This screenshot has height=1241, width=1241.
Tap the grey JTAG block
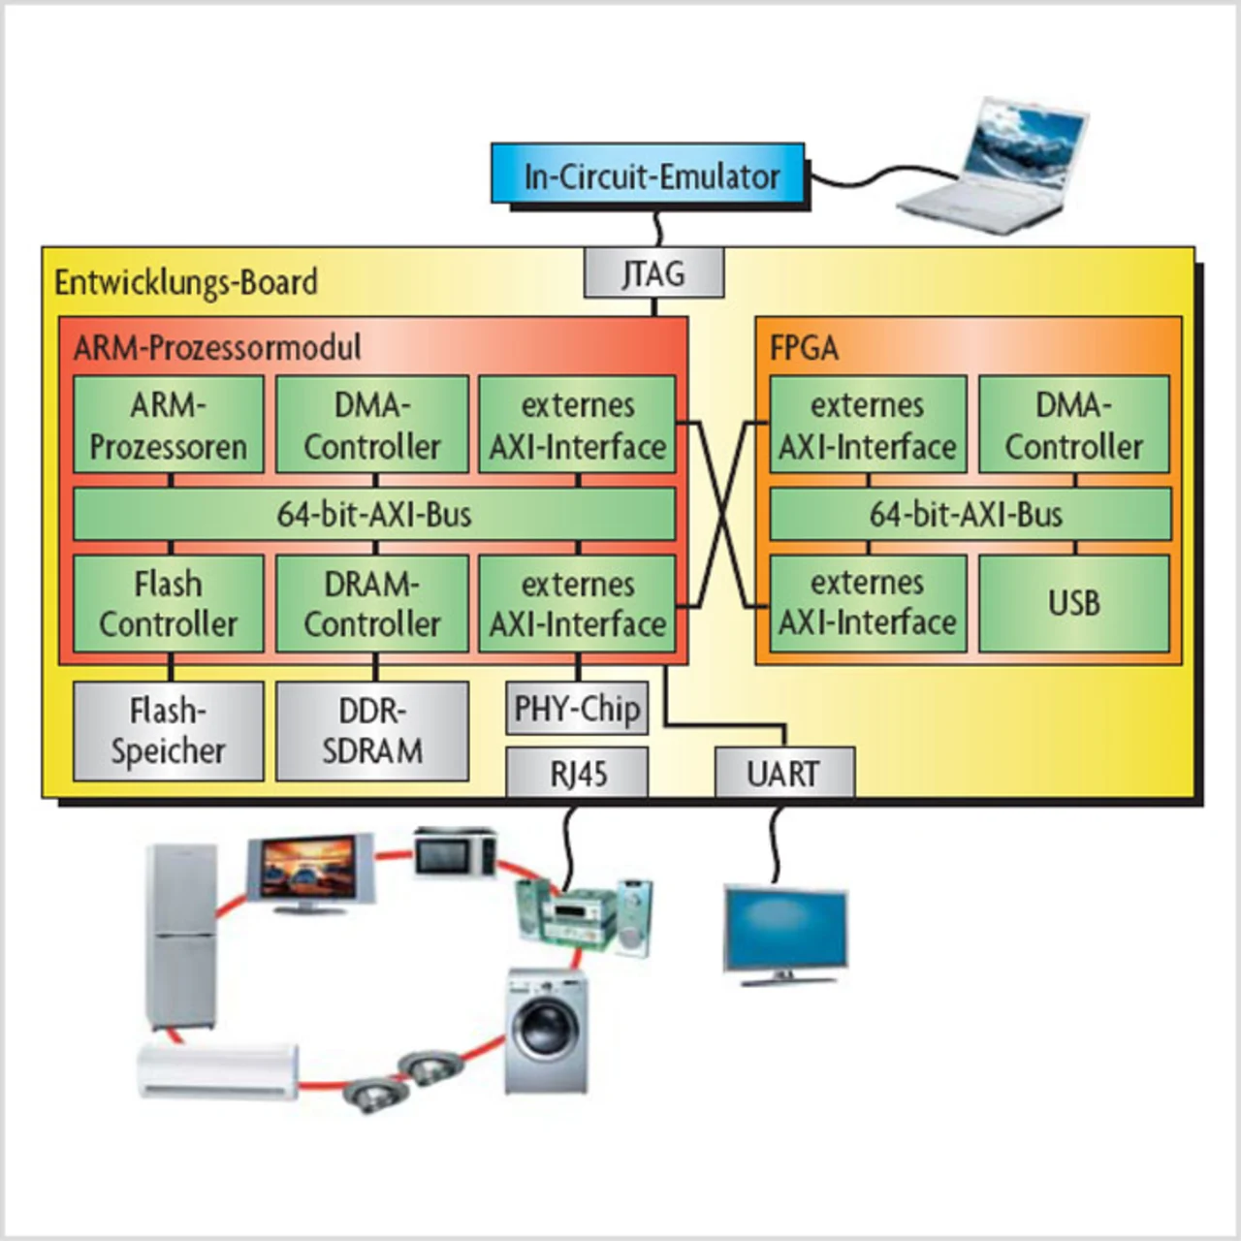[x=653, y=273]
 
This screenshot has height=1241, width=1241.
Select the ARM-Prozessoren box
[x=169, y=426]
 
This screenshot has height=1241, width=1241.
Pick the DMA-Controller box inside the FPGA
[x=1073, y=426]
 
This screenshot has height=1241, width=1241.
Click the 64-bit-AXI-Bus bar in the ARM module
[x=374, y=514]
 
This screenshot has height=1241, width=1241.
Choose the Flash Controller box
[x=169, y=603]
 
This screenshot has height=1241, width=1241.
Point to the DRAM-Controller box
[x=372, y=603]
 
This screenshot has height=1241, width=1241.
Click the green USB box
[x=1073, y=603]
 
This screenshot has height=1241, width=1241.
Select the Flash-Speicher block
[x=169, y=731]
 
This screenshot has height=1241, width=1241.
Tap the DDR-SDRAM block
[x=372, y=731]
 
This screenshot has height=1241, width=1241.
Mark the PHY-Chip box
[x=577, y=709]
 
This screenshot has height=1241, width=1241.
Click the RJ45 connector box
[x=577, y=773]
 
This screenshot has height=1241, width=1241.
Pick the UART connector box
[x=784, y=773]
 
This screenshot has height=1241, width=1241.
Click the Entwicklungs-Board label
[x=186, y=282]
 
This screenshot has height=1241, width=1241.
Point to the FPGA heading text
[x=804, y=348]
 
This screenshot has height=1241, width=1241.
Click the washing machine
[x=547, y=1031]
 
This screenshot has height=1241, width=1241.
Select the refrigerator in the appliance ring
[x=181, y=936]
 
